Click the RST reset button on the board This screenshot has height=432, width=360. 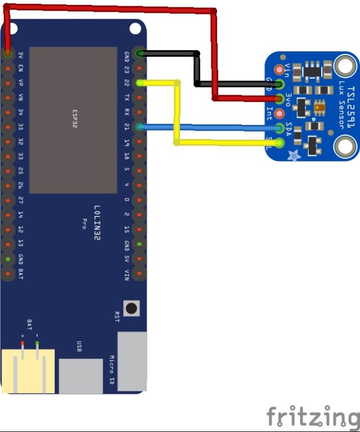[x=132, y=308]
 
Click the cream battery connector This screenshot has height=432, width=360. [x=28, y=371]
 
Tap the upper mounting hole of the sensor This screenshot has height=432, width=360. [x=343, y=66]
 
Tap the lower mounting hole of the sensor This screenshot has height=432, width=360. [x=343, y=147]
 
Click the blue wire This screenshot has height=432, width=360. [x=208, y=128]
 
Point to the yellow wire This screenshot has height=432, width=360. [x=177, y=112]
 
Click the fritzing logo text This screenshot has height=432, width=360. [x=312, y=417]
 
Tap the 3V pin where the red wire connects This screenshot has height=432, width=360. [x=7, y=54]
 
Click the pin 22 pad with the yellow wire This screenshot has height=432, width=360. [x=139, y=83]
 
